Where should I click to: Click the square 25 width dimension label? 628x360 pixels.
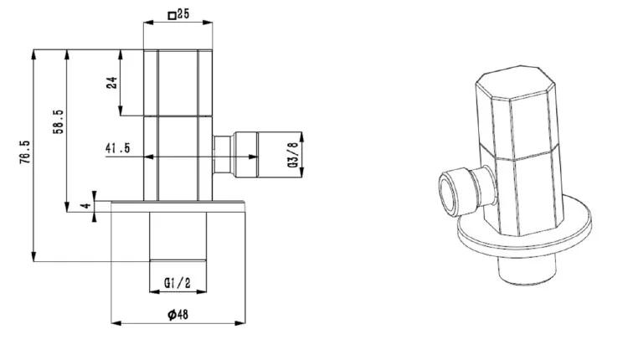(178, 14)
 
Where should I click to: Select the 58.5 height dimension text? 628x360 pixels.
(58, 121)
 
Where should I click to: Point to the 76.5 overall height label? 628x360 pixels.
(24, 152)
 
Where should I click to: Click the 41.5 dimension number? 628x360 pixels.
(118, 147)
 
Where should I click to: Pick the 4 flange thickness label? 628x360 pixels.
(85, 206)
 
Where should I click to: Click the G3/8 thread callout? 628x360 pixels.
(293, 155)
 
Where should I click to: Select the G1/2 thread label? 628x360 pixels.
(178, 283)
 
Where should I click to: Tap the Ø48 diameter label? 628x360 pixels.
(178, 314)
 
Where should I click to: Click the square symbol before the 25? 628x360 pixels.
(172, 16)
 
